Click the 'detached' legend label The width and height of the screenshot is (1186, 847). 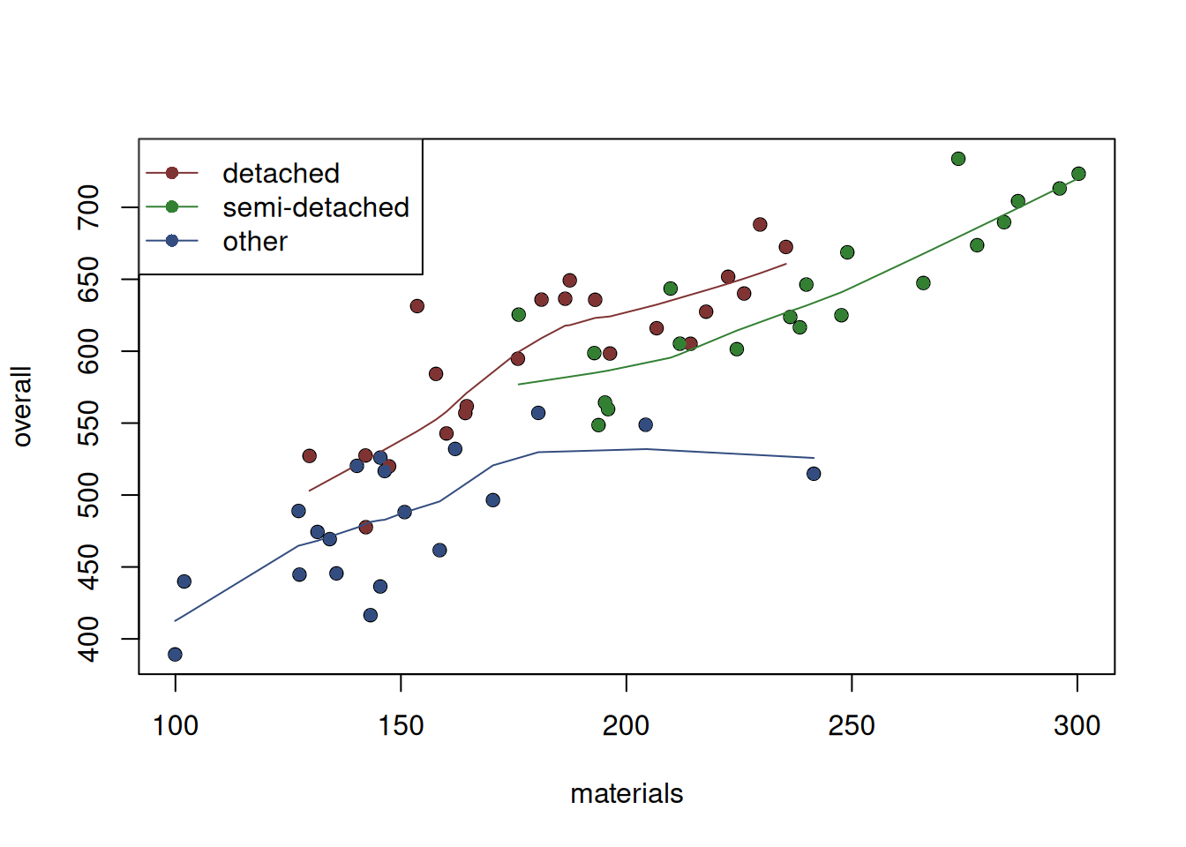pyautogui.click(x=281, y=174)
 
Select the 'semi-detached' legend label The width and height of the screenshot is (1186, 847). pyautogui.click(x=315, y=207)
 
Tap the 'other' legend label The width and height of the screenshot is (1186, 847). pyautogui.click(x=255, y=242)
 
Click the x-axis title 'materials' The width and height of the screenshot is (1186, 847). pyautogui.click(x=627, y=794)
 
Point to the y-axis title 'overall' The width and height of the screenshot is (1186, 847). pyautogui.click(x=22, y=407)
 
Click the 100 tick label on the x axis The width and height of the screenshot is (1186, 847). pyautogui.click(x=176, y=726)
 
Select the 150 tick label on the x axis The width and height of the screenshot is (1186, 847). pyautogui.click(x=401, y=726)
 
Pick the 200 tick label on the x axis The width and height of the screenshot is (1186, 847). pyautogui.click(x=626, y=726)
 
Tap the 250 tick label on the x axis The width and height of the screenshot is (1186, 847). pyautogui.click(x=852, y=726)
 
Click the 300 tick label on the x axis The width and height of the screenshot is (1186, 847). pyautogui.click(x=1077, y=726)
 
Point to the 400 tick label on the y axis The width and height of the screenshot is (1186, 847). pyautogui.click(x=89, y=639)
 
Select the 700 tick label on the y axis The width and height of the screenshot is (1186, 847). pyautogui.click(x=89, y=207)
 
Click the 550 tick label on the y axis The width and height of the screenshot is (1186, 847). pyautogui.click(x=89, y=423)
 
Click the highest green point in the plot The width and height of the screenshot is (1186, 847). pyautogui.click(x=958, y=159)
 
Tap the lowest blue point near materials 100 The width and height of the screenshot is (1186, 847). pyautogui.click(x=175, y=655)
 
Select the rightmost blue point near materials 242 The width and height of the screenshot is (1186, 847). pyautogui.click(x=814, y=474)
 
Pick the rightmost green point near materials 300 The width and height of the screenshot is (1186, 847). pyautogui.click(x=1078, y=174)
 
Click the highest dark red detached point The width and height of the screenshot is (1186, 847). pyautogui.click(x=760, y=225)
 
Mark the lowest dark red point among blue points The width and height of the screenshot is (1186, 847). pyautogui.click(x=365, y=528)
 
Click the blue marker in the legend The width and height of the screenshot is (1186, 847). pyautogui.click(x=172, y=241)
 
